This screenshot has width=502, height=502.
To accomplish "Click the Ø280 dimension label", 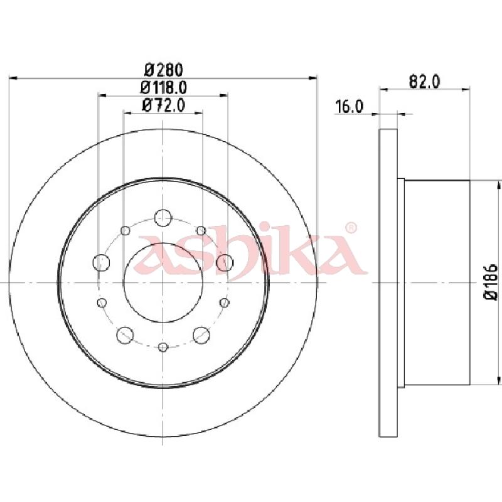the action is click(x=163, y=69).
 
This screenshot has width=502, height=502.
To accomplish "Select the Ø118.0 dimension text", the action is click(x=163, y=87).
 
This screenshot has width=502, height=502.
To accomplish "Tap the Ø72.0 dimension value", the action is click(x=163, y=105).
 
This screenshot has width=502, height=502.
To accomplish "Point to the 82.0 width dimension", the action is click(x=425, y=82).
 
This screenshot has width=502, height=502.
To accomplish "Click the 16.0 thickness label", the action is click(x=349, y=107).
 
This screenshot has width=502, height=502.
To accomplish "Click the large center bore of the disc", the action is click(x=163, y=283).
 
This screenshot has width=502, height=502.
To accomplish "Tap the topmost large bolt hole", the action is click(x=163, y=218).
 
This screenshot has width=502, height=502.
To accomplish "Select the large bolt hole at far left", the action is click(x=101, y=262).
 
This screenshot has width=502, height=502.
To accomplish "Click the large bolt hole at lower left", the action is click(x=125, y=335).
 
